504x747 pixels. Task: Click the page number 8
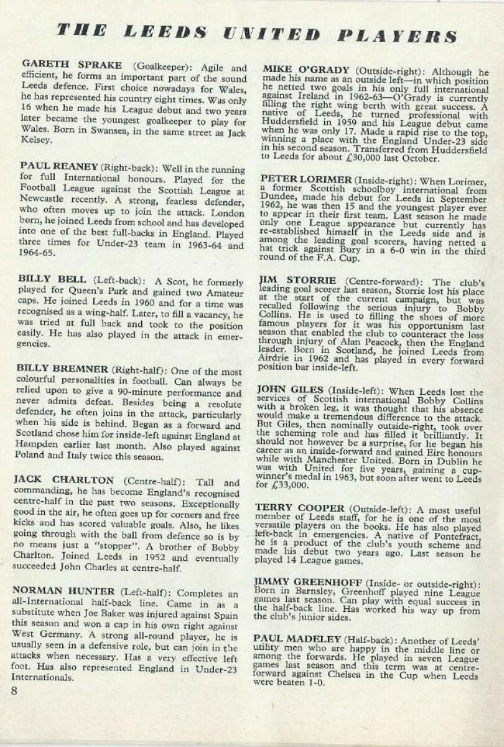tap(14, 690)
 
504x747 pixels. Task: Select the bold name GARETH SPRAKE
tap(68, 65)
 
